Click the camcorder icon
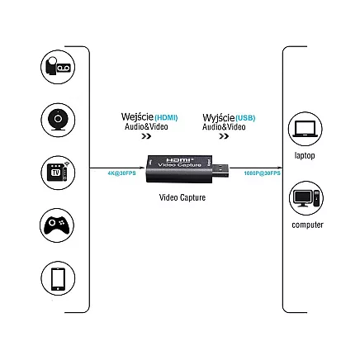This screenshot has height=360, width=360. [58, 68]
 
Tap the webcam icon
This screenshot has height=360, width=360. [58, 120]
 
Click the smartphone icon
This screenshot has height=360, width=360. [58, 279]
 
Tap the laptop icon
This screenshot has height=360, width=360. [305, 129]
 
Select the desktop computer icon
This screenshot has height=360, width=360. [306, 198]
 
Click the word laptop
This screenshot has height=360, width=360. [305, 155]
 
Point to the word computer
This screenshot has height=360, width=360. [307, 225]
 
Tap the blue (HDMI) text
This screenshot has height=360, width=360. [166, 118]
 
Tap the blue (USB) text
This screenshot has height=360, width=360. [245, 118]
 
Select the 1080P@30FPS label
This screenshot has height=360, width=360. [262, 173]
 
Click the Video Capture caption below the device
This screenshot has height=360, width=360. [182, 197]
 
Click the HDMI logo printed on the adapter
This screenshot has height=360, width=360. [178, 159]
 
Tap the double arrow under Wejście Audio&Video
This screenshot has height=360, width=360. [146, 137]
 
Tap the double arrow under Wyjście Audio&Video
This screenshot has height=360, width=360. [224, 137]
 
